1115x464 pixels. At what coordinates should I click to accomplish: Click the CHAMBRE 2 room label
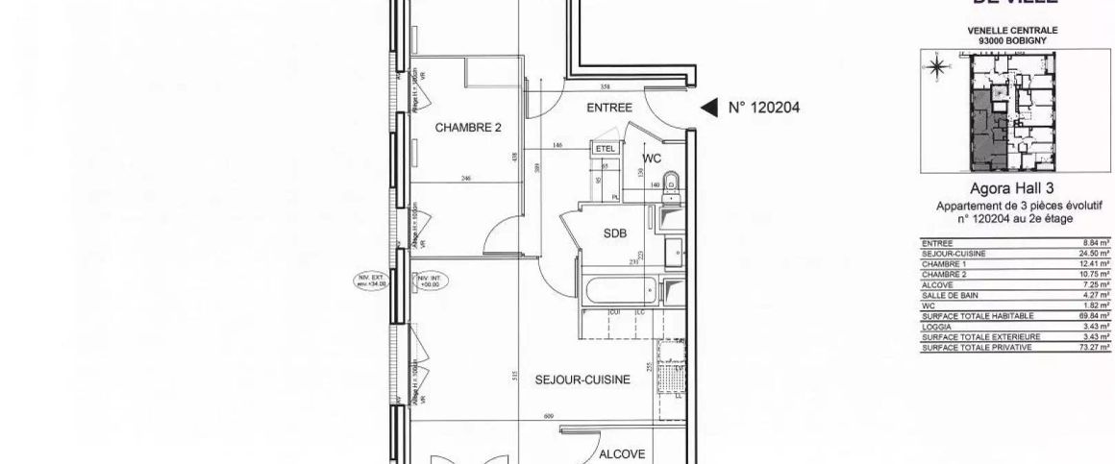click(x=469, y=127)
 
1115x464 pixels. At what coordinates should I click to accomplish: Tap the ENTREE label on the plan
click(x=609, y=109)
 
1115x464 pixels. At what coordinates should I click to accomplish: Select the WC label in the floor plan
click(x=652, y=159)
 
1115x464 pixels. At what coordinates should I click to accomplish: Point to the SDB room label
click(x=615, y=233)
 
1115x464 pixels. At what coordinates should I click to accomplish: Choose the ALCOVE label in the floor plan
click(x=622, y=454)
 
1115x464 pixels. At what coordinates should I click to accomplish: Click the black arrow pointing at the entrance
click(x=707, y=109)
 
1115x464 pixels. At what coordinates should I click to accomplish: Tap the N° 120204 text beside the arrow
click(x=764, y=109)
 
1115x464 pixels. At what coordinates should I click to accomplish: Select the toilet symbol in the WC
click(x=672, y=180)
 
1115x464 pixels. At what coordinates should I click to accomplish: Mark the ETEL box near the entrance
click(x=605, y=149)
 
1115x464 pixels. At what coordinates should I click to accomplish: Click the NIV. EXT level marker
click(x=371, y=281)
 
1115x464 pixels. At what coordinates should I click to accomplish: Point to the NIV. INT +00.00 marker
click(x=426, y=281)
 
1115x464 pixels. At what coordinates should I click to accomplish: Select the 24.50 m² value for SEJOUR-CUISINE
click(x=1096, y=254)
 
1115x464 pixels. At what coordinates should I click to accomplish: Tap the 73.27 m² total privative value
click(x=1096, y=347)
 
